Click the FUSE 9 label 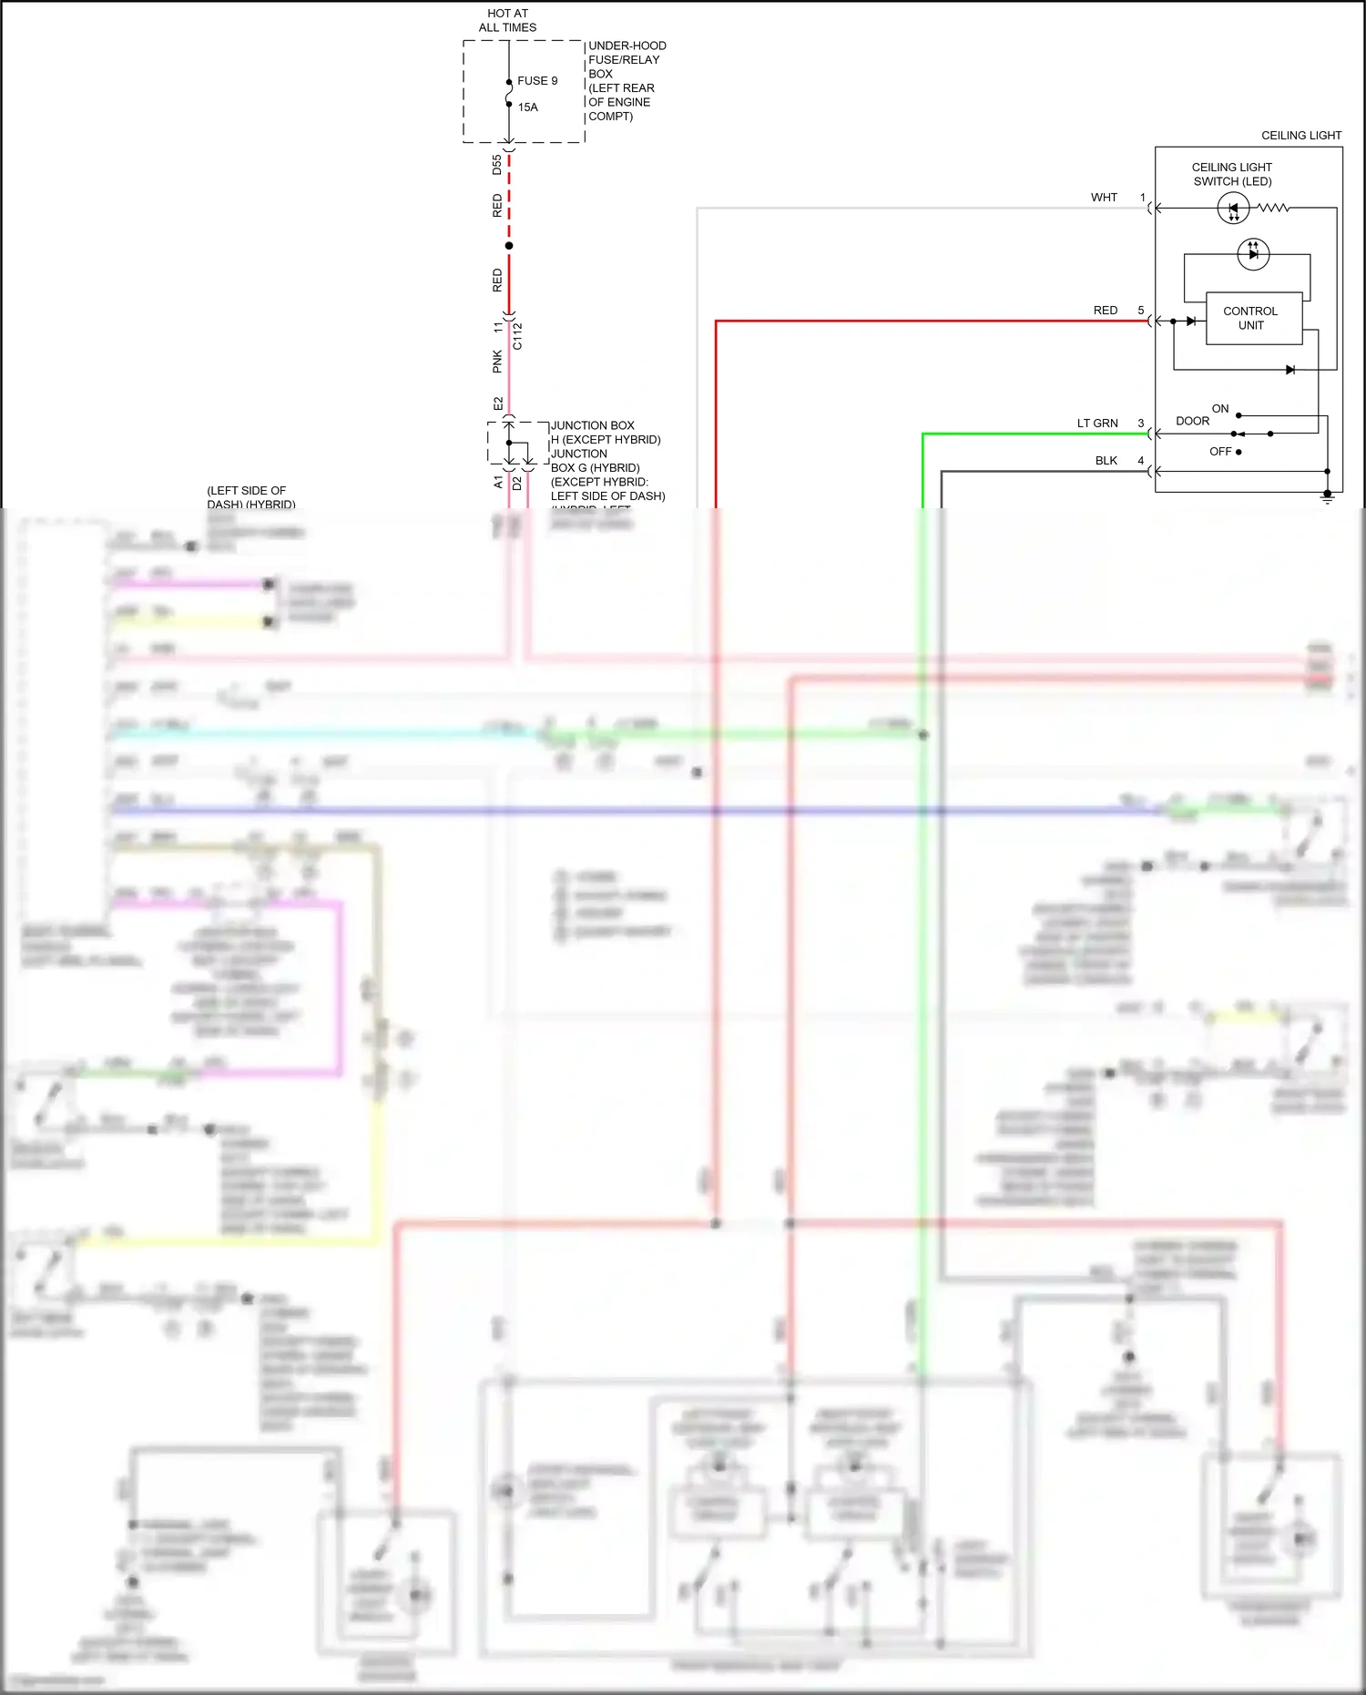coord(537,81)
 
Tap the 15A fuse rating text coord(528,107)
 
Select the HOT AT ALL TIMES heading coord(507,20)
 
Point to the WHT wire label coord(1104,198)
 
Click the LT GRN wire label coord(1097,424)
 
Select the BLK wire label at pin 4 coord(1106,461)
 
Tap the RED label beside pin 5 coord(1105,311)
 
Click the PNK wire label coord(497,362)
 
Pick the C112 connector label coord(517,336)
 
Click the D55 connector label coord(497,165)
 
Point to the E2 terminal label coord(498,403)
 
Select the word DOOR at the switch coord(1192,422)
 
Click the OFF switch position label coord(1220,452)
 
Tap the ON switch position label coord(1220,409)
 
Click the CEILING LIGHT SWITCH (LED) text coord(1232,174)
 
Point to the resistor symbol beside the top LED coord(1273,209)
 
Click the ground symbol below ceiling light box coord(1327,498)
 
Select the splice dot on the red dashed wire coord(509,246)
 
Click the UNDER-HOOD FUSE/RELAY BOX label coord(627,81)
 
